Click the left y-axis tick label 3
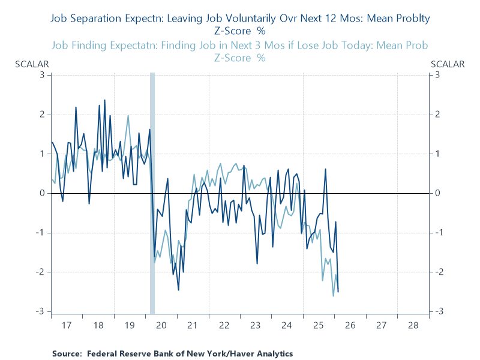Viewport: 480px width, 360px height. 43,75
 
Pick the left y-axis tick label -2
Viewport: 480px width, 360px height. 41,272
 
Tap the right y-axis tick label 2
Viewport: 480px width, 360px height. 438,115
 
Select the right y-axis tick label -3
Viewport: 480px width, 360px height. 439,311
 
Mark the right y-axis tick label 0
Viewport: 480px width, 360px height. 438,193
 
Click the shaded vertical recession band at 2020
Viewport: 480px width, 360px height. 152,192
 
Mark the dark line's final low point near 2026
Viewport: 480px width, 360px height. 338,292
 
